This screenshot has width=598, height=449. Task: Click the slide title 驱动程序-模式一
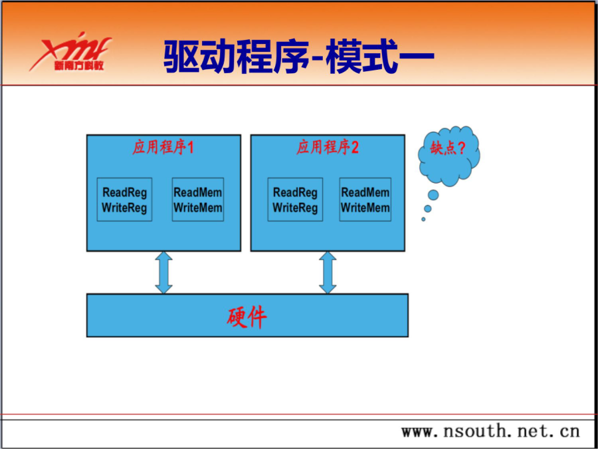[298, 58]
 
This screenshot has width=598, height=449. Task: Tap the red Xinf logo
[70, 51]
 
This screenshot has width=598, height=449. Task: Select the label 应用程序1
[163, 148]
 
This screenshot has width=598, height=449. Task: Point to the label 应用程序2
[328, 148]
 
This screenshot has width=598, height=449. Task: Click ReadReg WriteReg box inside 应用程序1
[124, 200]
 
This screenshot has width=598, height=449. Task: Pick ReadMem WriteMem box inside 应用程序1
[197, 200]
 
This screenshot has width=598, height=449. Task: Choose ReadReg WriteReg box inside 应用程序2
[295, 200]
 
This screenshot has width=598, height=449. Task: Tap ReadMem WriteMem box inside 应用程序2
[365, 200]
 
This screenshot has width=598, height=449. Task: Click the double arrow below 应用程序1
[163, 273]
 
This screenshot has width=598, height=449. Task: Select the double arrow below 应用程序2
[328, 273]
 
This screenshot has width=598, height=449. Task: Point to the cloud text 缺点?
[448, 148]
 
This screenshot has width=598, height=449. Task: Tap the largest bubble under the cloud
[433, 195]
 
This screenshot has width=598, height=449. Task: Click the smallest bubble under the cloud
[423, 219]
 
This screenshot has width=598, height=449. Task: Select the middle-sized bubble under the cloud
[428, 208]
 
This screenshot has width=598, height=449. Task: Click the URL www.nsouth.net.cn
[490, 432]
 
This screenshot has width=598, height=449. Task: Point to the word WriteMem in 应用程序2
[365, 208]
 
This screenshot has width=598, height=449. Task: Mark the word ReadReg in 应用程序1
[124, 192]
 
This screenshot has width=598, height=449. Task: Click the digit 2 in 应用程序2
[355, 148]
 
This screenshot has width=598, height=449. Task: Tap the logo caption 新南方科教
[79, 66]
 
